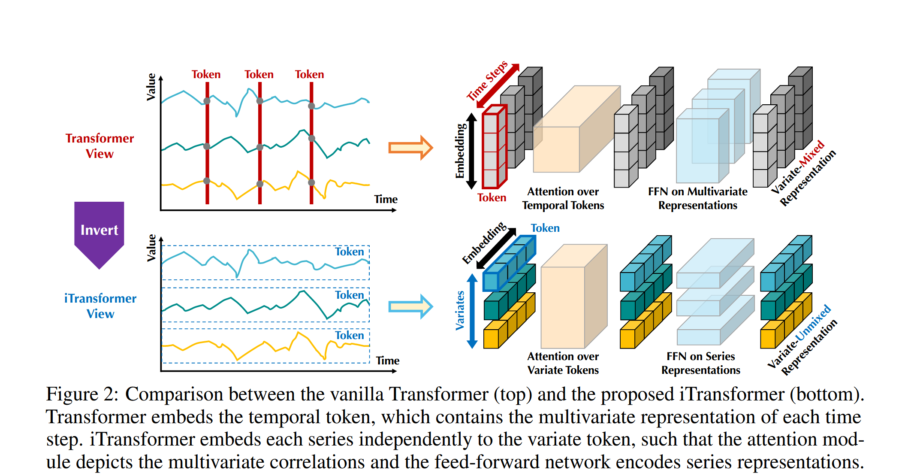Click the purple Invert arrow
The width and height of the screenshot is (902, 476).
99,232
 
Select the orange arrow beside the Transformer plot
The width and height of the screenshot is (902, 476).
410,148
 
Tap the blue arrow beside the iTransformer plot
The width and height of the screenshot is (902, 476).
410,306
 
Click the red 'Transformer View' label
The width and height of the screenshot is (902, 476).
100,146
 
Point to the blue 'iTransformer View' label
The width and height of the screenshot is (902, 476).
100,306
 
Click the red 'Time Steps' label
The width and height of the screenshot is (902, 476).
487,81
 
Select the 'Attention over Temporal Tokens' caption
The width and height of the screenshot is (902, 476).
563,198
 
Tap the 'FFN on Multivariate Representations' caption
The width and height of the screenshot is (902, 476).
697,198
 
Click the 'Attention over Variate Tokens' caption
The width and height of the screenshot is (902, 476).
563,363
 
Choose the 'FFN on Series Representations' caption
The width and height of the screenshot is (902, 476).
700,363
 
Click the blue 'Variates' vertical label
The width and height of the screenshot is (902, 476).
460,310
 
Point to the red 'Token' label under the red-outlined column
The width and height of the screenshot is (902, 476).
492,197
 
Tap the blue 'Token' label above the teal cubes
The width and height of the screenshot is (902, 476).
545,228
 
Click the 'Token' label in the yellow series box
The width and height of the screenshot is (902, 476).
349,335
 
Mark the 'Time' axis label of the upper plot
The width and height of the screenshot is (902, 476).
386,199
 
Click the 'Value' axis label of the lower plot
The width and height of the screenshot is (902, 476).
151,248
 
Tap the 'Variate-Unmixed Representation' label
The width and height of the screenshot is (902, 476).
802,340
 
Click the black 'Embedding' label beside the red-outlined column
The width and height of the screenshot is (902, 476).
460,151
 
